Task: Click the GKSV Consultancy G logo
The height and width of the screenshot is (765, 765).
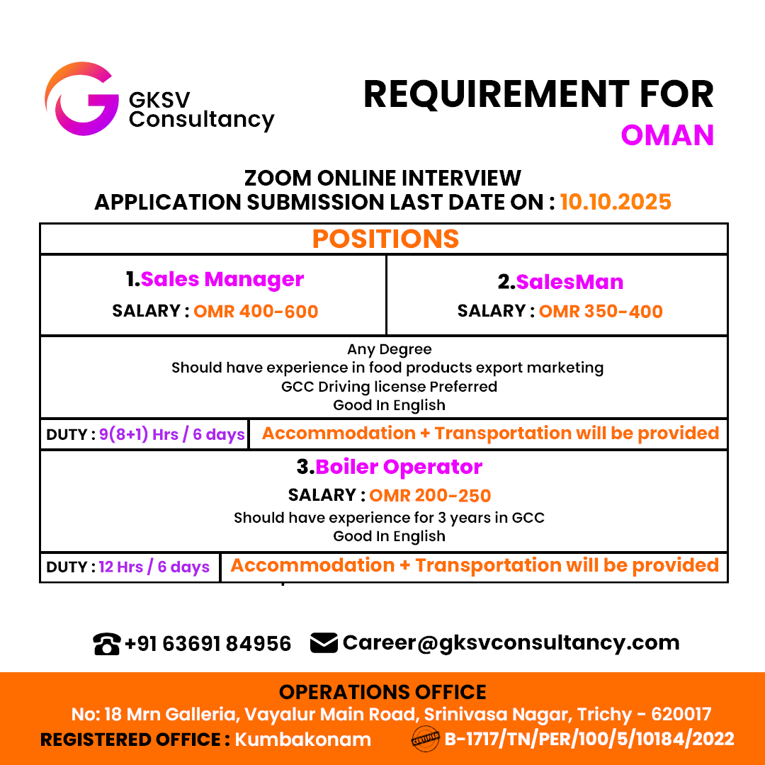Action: pos(80,99)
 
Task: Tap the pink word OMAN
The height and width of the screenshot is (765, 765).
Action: pos(667,135)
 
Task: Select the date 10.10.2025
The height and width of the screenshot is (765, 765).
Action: pos(616,202)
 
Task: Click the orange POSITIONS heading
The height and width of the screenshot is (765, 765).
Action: pos(385,239)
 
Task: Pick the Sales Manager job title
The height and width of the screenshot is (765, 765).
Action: pos(222,280)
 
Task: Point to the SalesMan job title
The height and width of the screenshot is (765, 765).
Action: pos(569,282)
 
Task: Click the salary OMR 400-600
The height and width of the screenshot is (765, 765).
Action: pos(256,311)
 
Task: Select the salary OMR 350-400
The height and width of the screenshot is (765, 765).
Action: pos(601,311)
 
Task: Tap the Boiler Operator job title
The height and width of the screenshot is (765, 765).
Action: pos(399,467)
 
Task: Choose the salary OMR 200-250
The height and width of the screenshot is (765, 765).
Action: pos(430,495)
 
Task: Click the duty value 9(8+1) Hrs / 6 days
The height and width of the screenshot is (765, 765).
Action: pos(172,434)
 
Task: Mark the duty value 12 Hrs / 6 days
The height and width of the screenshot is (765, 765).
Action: pos(154,567)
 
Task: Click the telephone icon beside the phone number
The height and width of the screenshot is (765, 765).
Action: pos(106,644)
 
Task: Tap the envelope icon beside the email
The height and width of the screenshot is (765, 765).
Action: pos(324,642)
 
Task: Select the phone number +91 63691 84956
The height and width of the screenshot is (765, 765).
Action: pos(208,643)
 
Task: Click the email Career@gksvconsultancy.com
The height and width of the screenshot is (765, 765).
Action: pos(511,642)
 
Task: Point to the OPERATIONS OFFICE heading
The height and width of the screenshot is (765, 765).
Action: pos(382,692)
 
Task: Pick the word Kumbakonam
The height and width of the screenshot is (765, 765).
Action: pos(302,739)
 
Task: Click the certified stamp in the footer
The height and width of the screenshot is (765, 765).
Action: pos(426,740)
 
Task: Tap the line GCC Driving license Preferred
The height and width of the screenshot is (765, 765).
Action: pos(389,387)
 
